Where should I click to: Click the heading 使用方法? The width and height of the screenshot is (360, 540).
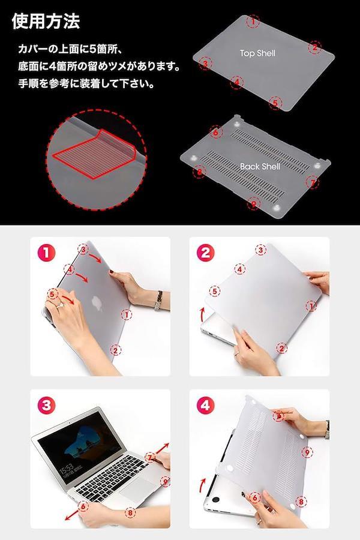point(46,22)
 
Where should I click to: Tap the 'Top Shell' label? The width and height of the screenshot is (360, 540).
point(257,53)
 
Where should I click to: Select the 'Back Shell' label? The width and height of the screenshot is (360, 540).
point(260,166)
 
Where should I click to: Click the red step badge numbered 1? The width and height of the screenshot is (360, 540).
point(47,253)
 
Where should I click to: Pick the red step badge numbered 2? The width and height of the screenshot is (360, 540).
point(205,253)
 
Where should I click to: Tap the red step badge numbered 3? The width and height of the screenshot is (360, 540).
point(47,406)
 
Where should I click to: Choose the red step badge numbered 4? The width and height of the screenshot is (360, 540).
point(205,406)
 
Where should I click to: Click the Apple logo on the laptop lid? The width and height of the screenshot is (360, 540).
point(97,304)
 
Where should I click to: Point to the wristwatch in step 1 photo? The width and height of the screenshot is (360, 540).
point(158,301)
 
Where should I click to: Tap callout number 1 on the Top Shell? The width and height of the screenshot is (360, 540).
point(253,22)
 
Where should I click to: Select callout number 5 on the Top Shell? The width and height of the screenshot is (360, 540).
point(275,103)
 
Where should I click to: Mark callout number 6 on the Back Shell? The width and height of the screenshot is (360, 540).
point(216,131)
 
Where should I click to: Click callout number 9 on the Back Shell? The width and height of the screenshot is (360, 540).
point(254,204)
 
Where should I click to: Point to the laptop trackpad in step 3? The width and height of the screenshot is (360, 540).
point(139,488)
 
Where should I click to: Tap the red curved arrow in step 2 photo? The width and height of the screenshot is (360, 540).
point(202,315)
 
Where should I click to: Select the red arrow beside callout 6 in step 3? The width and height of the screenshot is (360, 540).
point(72,515)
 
